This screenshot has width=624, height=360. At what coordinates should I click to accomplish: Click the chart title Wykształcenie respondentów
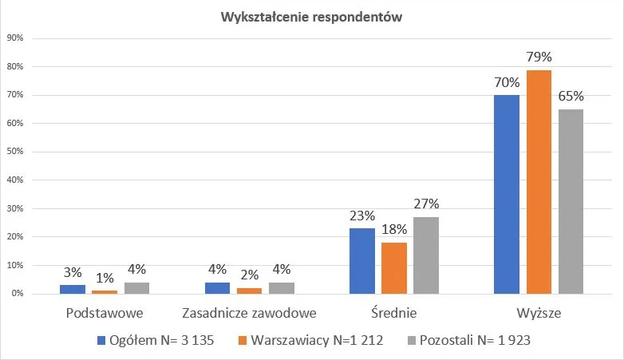click(x=312, y=16)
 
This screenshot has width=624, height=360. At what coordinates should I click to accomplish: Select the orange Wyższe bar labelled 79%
click(x=539, y=182)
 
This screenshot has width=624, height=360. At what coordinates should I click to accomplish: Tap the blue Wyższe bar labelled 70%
click(x=506, y=195)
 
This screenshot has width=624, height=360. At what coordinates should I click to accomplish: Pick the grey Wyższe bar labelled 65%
click(x=571, y=201)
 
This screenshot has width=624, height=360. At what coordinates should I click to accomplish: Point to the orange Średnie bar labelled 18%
click(x=394, y=268)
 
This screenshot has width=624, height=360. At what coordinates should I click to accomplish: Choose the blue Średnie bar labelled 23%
click(x=361, y=261)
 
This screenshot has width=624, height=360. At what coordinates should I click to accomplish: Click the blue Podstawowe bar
click(x=72, y=289)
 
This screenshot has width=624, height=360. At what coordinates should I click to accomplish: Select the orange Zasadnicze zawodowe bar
click(x=249, y=291)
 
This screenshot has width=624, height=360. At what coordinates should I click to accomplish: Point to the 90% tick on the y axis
click(x=15, y=38)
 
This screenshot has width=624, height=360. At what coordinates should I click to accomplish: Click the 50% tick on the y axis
click(x=15, y=152)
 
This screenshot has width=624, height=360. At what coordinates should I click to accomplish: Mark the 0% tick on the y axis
click(x=18, y=294)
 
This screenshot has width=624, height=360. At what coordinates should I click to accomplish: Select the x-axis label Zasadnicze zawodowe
click(x=249, y=313)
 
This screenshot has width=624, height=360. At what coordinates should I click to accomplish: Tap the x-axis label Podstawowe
click(x=105, y=313)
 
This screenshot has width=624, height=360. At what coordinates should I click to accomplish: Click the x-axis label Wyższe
click(x=538, y=313)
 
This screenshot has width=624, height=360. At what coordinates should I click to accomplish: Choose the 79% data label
click(x=539, y=57)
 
